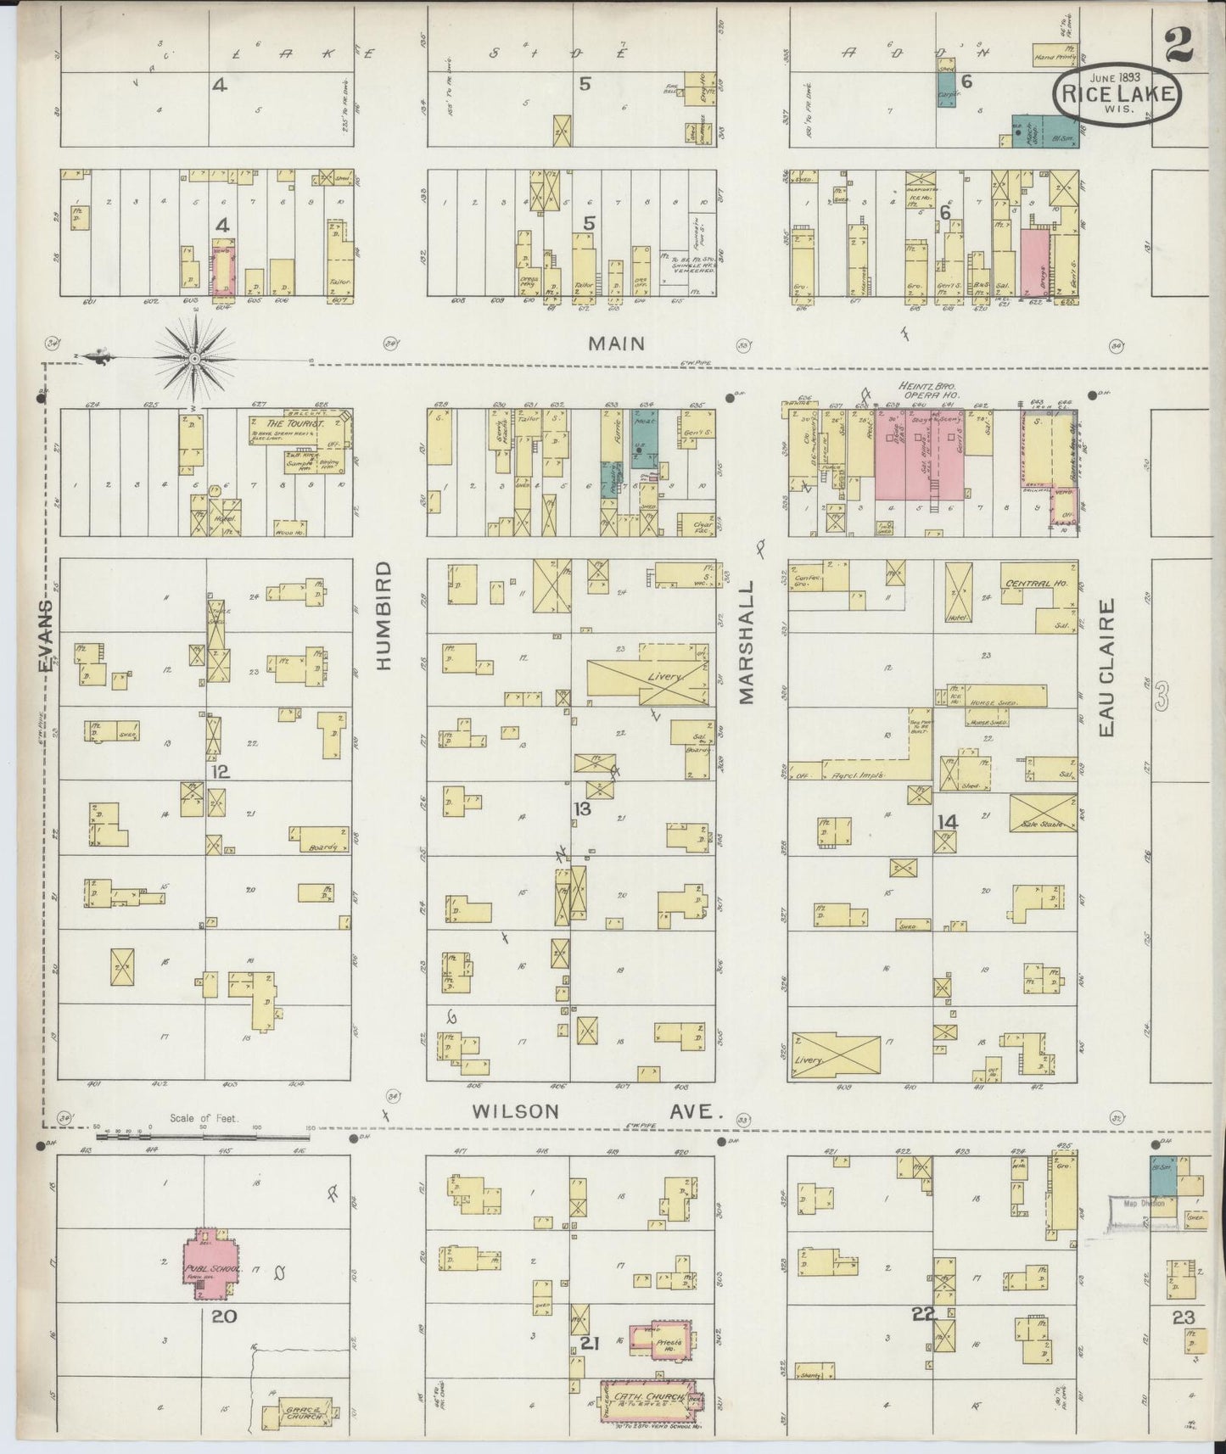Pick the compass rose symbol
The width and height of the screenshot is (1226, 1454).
[194, 358]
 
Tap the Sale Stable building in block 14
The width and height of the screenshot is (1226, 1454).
[1043, 813]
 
